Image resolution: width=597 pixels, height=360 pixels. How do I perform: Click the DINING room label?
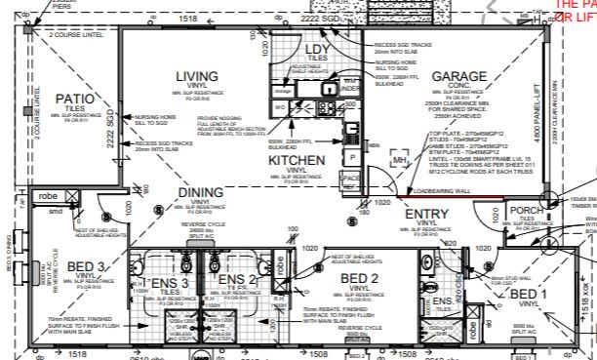pyautogui.click(x=181, y=194)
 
